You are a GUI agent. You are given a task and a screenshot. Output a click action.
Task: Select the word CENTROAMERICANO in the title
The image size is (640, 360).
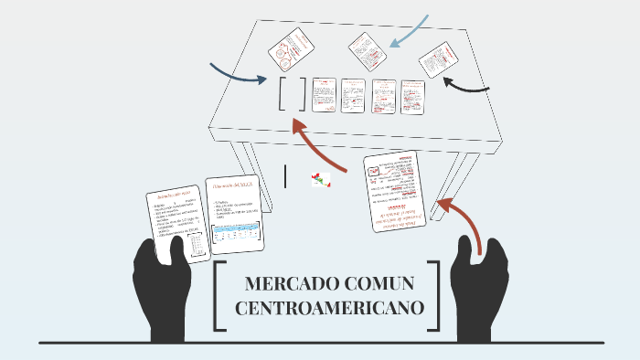(x=330, y=308)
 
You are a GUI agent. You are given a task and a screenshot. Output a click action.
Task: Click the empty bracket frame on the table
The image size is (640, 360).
(x=293, y=94)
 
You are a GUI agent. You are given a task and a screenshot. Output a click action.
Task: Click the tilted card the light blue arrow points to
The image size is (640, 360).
(x=368, y=51)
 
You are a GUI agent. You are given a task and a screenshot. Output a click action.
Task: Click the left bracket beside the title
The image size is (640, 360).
(x=219, y=296)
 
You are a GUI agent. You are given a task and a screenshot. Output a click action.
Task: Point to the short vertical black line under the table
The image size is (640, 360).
(x=286, y=175)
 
